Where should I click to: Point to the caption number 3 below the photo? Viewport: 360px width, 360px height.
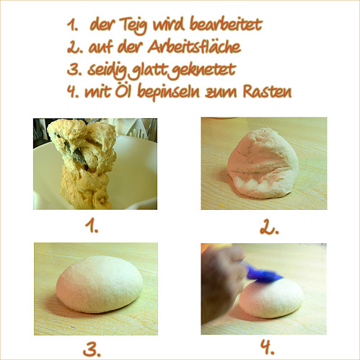[x=92, y=349]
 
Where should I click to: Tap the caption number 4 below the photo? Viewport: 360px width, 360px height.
[x=268, y=348]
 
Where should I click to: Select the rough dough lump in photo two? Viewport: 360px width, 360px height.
[x=263, y=164]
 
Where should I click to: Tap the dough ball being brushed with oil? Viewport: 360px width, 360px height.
[x=271, y=297]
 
